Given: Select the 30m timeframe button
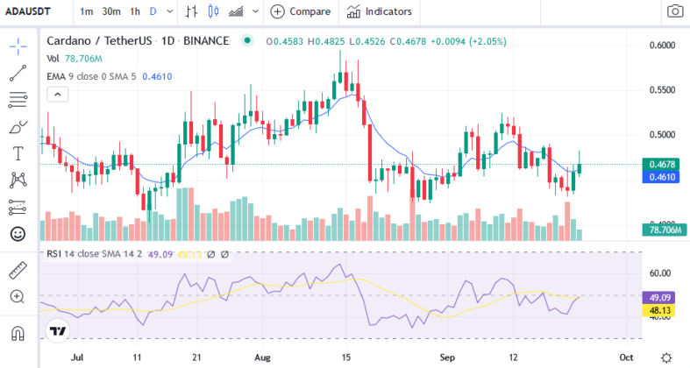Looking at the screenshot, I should coord(110,11).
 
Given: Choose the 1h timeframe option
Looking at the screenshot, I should coord(134,11).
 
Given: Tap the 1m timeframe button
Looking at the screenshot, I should coord(87,11).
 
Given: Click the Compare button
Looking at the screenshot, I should coord(301,11).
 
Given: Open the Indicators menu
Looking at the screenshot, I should coord(379,11).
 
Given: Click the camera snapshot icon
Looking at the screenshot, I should coord(674,11).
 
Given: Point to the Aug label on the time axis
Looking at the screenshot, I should coord(262,357).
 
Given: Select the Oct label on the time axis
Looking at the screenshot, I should coord(627,357).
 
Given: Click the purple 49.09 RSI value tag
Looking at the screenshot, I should coord(659,296).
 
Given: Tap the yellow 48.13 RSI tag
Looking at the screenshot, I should coord(659,309).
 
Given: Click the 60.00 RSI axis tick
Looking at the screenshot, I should coord(659,273).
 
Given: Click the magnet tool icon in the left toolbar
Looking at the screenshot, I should coord(18,334).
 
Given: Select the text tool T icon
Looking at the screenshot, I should coord(18,153).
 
